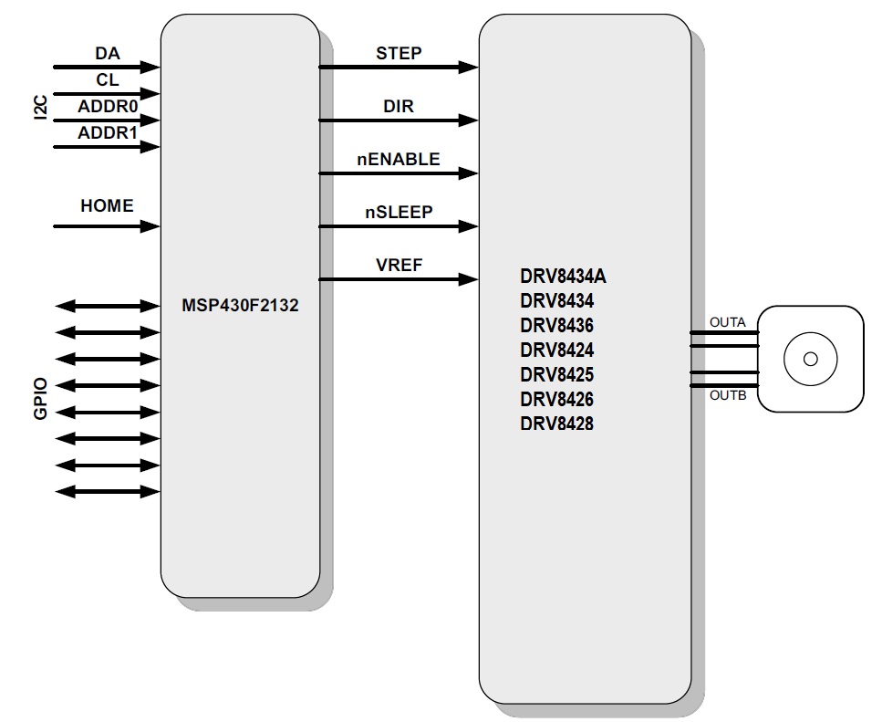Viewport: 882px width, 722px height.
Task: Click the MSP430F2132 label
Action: tap(240, 307)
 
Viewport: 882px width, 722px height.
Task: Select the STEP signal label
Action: tap(399, 54)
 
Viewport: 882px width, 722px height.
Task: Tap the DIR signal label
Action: tap(399, 107)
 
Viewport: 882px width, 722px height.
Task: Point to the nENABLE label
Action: tap(399, 160)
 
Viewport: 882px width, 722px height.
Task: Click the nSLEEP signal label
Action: tap(399, 213)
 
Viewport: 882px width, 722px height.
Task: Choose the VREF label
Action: tap(399, 266)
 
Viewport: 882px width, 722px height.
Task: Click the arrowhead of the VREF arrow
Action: tap(469, 278)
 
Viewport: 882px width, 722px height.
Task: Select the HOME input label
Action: tap(107, 206)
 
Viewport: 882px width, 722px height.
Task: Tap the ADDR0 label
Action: tap(108, 107)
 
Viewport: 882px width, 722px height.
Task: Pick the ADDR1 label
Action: tap(108, 133)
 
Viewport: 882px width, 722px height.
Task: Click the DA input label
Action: tap(108, 55)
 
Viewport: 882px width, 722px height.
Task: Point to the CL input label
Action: tap(108, 80)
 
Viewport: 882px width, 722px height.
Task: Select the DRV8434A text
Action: tap(563, 277)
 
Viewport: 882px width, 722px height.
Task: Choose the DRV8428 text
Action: tap(556, 424)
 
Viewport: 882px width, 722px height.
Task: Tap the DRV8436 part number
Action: tap(556, 326)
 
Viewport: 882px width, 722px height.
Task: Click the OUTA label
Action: tap(727, 322)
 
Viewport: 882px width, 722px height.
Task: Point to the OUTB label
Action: tap(727, 395)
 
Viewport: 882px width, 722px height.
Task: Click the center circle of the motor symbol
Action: tap(810, 359)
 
